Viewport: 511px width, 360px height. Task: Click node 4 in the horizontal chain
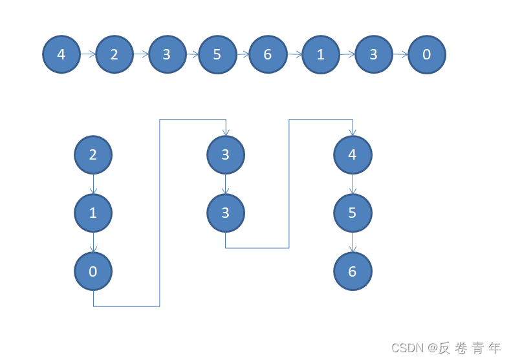pos(61,54)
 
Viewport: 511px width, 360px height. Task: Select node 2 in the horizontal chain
pos(114,54)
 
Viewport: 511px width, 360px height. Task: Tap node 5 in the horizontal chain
pos(217,54)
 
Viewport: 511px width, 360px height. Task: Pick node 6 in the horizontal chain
pos(268,54)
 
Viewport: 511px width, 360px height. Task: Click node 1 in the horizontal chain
pos(321,54)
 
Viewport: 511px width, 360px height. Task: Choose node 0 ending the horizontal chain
pos(427,54)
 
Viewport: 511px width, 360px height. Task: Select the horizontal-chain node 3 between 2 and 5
pos(167,54)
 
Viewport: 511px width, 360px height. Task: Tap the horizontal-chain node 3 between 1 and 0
pos(373,54)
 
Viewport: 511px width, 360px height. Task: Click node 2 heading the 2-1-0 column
pos(93,154)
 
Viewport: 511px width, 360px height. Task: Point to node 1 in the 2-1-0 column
pos(93,213)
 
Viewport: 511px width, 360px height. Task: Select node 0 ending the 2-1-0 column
pos(93,271)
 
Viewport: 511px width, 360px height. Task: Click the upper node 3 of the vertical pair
pos(226,154)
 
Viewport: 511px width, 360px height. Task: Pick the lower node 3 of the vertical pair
pos(226,213)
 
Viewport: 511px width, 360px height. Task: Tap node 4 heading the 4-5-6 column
pos(353,154)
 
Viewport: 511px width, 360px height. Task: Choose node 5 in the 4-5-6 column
pos(353,213)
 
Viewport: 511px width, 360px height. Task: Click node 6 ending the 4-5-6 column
pos(353,271)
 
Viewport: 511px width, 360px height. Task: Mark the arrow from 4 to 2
pos(88,54)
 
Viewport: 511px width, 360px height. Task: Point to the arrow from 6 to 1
pos(294,54)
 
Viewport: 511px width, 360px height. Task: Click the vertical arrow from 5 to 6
pos(353,242)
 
